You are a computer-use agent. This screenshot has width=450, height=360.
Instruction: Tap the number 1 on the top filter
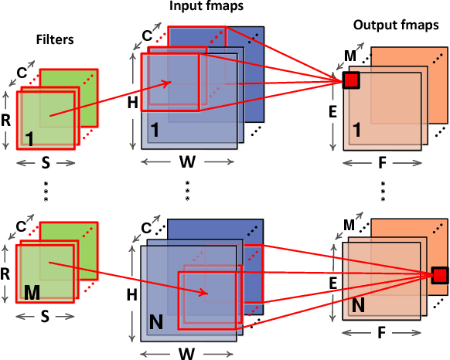29,138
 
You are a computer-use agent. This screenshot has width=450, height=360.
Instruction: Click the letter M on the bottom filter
32,294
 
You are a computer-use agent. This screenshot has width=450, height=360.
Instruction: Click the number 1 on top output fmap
356,128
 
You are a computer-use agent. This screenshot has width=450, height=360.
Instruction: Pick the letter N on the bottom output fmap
358,306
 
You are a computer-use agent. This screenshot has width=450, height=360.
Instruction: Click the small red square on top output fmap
352,80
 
